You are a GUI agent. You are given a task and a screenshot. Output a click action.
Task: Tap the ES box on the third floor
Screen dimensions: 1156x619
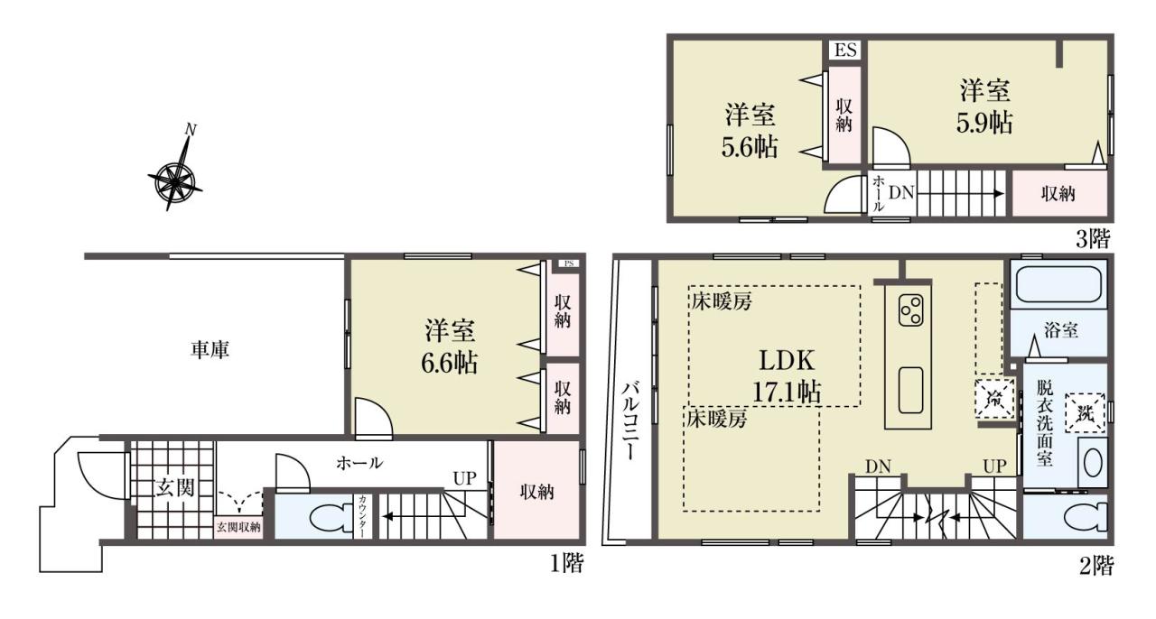point(845,51)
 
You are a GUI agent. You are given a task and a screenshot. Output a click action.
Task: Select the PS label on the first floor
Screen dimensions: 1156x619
point(569,263)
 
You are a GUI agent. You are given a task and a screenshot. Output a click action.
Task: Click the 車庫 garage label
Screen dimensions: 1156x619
point(210,350)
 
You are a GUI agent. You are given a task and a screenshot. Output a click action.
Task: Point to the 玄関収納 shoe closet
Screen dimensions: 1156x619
point(238,527)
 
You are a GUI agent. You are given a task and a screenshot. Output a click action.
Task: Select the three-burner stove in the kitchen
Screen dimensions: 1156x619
point(910,310)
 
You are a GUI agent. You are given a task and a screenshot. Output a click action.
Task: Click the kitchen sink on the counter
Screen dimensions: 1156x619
point(910,390)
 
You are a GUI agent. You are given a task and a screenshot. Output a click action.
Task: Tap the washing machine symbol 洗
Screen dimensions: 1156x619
point(1086,413)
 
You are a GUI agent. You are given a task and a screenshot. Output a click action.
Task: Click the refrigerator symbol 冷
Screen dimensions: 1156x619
point(994,399)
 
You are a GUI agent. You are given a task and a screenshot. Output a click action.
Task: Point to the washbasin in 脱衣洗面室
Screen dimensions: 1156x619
point(1093,463)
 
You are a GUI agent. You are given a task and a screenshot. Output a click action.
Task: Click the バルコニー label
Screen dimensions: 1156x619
point(631,420)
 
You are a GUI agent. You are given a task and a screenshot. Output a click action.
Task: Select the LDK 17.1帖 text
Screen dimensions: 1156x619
point(787,376)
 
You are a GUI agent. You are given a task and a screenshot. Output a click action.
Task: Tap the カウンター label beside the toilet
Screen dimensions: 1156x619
point(363,517)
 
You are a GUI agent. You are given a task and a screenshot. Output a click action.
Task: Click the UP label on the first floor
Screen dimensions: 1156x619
point(464,478)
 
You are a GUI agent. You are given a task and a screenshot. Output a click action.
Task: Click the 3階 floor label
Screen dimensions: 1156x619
point(1092,239)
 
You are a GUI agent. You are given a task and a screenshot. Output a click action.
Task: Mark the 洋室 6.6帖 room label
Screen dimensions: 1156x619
point(450,346)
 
